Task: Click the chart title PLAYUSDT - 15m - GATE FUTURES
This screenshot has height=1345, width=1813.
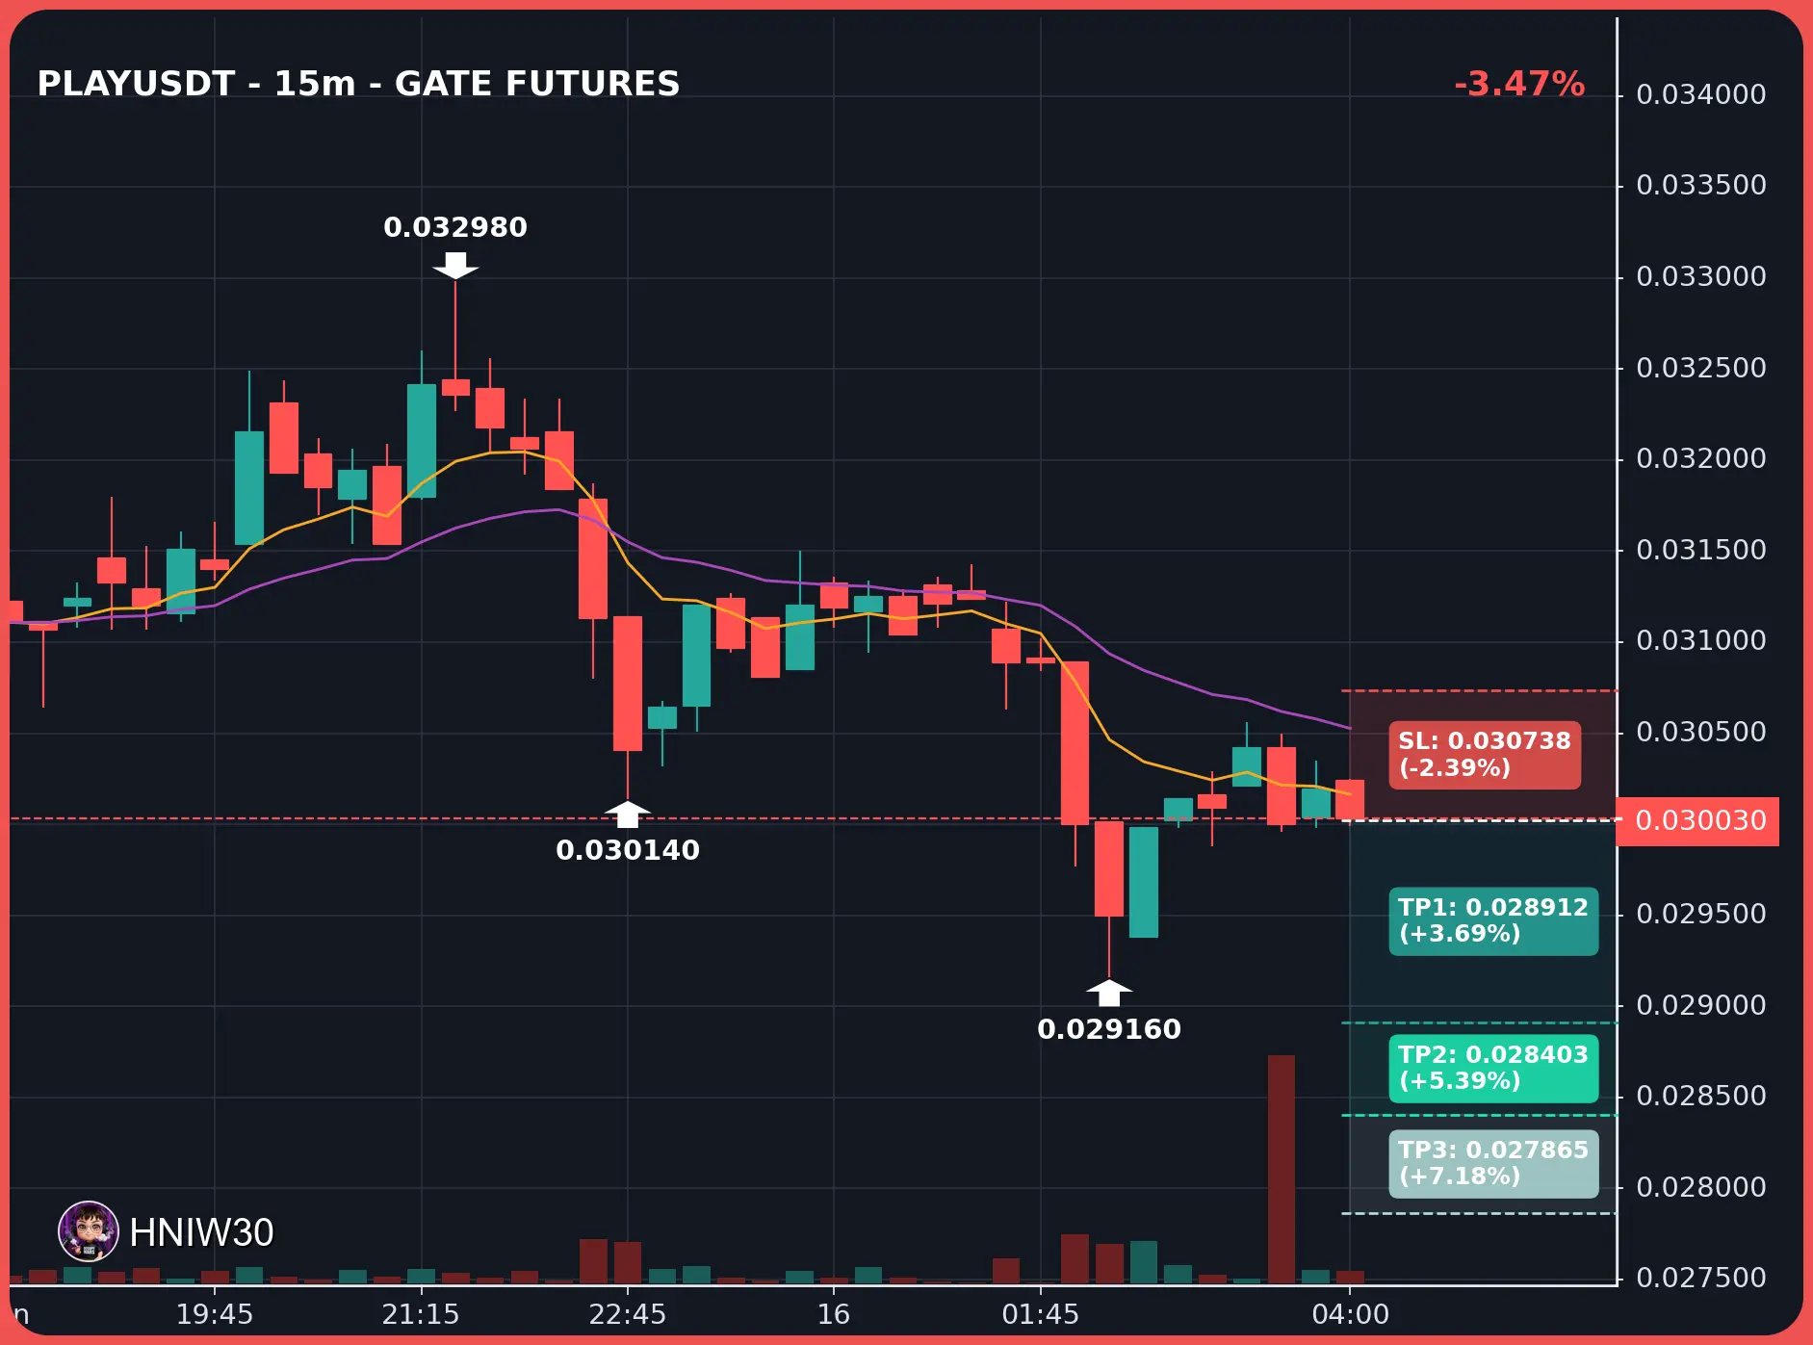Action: [358, 84]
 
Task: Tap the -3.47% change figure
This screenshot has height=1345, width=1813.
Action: [1519, 84]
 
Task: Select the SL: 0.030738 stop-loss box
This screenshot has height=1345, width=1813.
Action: [1484, 755]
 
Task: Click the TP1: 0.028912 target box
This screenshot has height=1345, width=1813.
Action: [1493, 921]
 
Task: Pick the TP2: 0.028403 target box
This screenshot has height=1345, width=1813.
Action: [1493, 1069]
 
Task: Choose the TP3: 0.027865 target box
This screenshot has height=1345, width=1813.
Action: [1493, 1164]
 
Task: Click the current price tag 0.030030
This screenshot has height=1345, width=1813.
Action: [1697, 821]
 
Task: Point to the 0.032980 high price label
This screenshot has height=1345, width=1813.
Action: [455, 227]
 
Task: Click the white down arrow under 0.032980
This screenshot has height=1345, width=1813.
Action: [455, 266]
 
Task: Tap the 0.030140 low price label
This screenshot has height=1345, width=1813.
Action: [628, 850]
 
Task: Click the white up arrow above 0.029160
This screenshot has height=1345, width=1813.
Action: [1109, 993]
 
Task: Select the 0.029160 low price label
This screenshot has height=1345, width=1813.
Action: [1109, 1029]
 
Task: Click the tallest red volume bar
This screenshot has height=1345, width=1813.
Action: [1282, 1169]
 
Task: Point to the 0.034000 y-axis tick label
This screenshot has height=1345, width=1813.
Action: [1701, 94]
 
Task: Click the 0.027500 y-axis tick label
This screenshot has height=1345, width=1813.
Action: [1701, 1278]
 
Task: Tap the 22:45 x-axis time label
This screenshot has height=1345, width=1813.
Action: [628, 1314]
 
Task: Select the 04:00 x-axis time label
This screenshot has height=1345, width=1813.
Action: [1351, 1314]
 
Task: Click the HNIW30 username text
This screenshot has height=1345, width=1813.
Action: [201, 1232]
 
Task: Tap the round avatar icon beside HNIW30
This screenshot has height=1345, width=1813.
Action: [89, 1231]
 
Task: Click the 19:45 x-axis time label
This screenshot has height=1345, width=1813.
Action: [215, 1314]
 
